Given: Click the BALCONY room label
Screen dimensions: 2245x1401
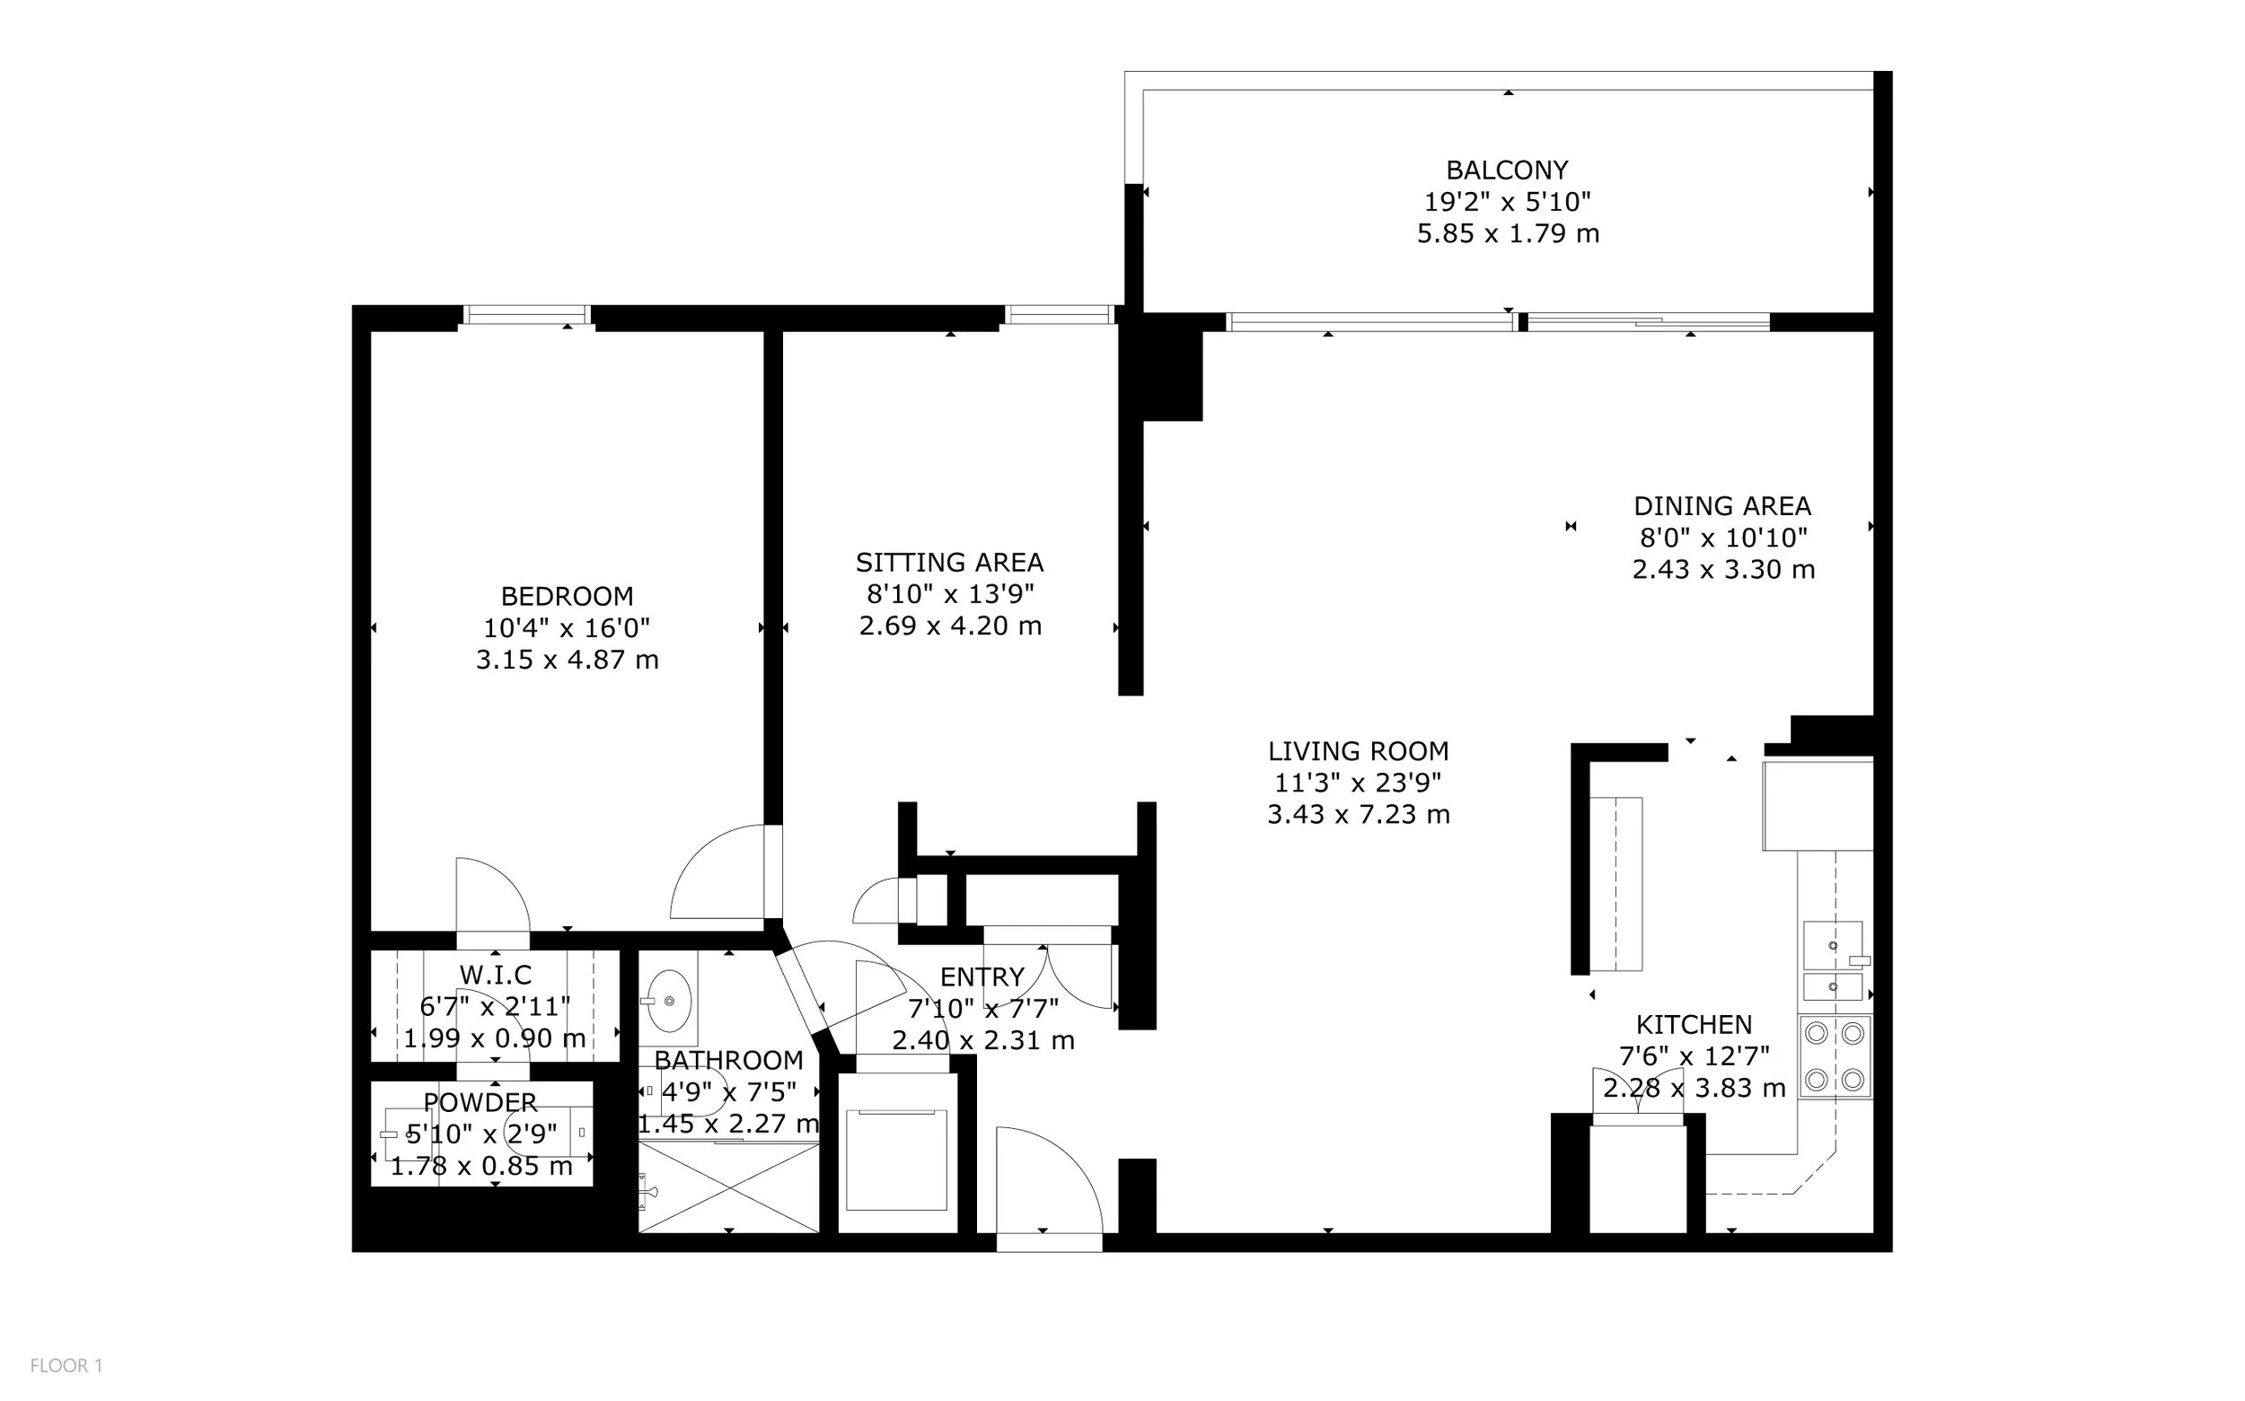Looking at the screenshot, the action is coord(1507,171).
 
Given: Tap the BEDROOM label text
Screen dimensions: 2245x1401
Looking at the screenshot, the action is coord(568,596).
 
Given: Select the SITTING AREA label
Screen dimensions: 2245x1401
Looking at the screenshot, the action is coord(949,563).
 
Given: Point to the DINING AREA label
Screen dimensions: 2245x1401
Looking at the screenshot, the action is coord(1722,506).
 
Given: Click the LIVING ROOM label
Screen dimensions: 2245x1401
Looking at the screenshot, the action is coord(1358,750).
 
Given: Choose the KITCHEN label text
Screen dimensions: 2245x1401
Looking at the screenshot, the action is coord(1694,1024).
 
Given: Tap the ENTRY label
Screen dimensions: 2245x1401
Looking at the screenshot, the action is coord(982,976).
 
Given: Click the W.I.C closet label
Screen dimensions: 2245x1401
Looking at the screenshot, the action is coord(496,975).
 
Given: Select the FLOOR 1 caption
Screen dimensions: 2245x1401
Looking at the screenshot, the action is coord(66,1366).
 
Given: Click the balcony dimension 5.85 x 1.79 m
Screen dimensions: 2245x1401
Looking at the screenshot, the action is coord(1508,233).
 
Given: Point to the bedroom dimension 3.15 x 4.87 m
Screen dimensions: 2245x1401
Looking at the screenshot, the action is coord(568,660).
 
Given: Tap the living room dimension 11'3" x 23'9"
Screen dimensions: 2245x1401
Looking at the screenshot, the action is coord(1358,783).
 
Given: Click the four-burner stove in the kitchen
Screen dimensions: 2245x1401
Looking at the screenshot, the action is coord(1835,1056).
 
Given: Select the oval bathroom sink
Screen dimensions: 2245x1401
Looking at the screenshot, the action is coord(668,1001).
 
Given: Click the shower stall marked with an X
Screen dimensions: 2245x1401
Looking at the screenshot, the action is coord(728,1188).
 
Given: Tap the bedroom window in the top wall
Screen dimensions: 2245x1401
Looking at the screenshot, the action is coord(525,315).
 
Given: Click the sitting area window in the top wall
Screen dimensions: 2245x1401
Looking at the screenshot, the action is coord(1060,315).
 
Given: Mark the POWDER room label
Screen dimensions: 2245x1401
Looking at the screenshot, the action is coord(480,1103).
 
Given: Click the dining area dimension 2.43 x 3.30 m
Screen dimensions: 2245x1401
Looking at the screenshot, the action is coord(1723,569).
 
